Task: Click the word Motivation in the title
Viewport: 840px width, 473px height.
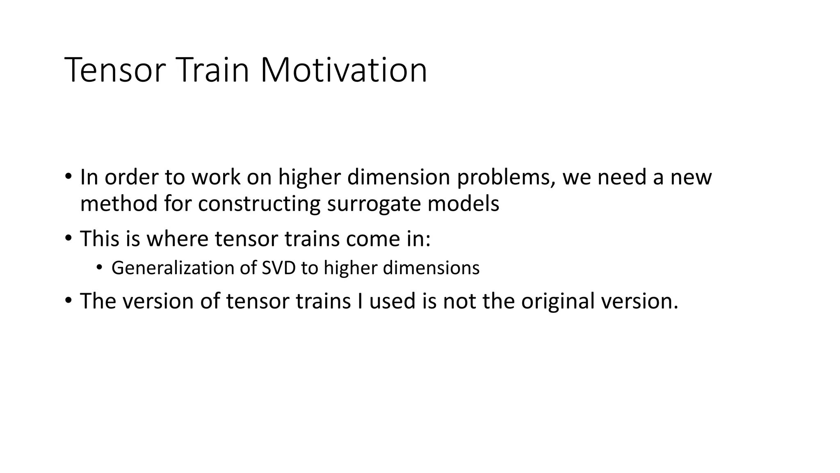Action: pyautogui.click(x=343, y=70)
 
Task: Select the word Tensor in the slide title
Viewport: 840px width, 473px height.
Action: pyautogui.click(x=115, y=70)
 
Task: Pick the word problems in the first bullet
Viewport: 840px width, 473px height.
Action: pyautogui.click(x=506, y=177)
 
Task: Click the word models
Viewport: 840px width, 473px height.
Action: pyautogui.click(x=463, y=204)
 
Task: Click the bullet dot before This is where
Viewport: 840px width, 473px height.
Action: pyautogui.click(x=68, y=239)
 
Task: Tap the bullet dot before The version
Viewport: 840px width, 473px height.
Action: pyautogui.click(x=68, y=301)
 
